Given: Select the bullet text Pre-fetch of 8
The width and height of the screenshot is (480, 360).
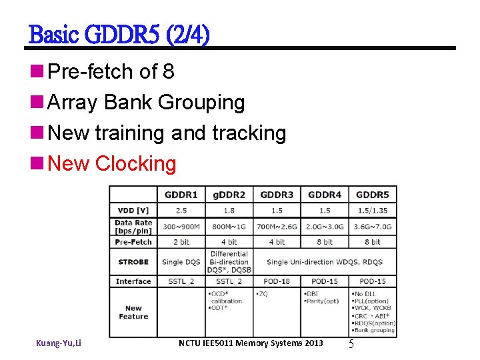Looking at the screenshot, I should (112, 71).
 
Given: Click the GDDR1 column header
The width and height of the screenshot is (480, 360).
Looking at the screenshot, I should (181, 195).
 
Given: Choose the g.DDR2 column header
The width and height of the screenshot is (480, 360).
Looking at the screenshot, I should (229, 195).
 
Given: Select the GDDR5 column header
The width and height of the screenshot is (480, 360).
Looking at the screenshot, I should (372, 195).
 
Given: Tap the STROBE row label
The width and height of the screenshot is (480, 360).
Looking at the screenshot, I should (133, 262).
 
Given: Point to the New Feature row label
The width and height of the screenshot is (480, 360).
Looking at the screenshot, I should (133, 312).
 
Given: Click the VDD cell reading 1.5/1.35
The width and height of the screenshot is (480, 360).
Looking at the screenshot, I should (372, 210).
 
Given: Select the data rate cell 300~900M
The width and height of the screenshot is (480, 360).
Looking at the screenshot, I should (181, 227).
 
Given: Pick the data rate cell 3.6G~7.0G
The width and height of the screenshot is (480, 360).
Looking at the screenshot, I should (372, 227).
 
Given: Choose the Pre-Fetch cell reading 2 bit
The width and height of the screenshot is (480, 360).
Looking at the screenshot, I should (181, 242).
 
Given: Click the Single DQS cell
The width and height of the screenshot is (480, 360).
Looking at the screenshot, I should (181, 262).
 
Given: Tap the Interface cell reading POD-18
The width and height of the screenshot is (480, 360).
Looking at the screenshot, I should (277, 281).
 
